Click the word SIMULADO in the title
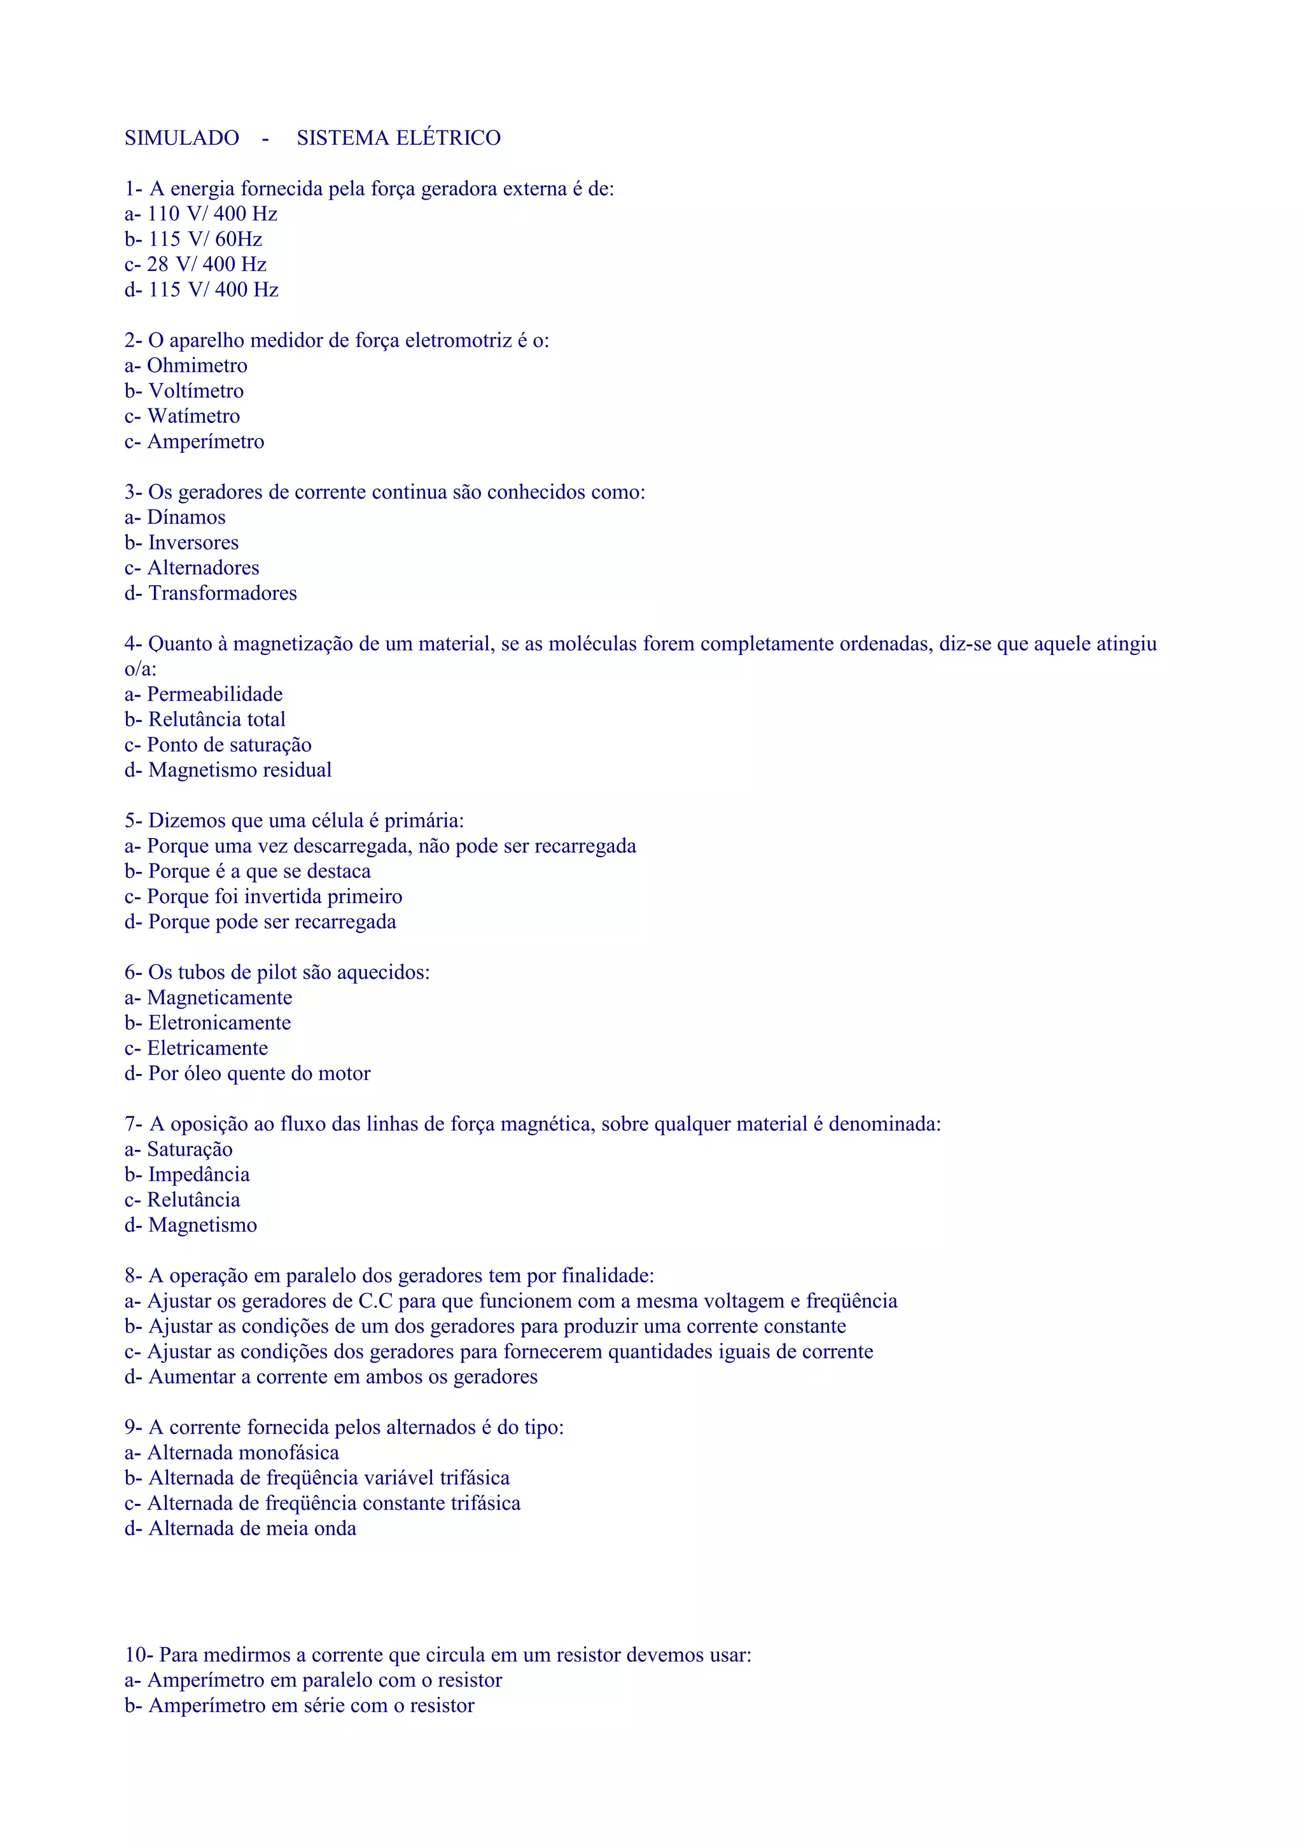pyautogui.click(x=181, y=138)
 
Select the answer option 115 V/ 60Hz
pyautogui.click(x=205, y=239)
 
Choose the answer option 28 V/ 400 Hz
pyautogui.click(x=206, y=264)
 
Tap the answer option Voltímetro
pyautogui.click(x=196, y=391)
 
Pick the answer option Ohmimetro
pyautogui.click(x=197, y=366)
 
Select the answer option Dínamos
pyautogui.click(x=186, y=518)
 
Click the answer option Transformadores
pyautogui.click(x=223, y=593)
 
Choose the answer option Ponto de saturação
pyautogui.click(x=229, y=745)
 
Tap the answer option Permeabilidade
pyautogui.click(x=214, y=694)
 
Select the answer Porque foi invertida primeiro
pyautogui.click(x=275, y=897)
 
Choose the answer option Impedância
pyautogui.click(x=199, y=1175)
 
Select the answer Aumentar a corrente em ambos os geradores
pyautogui.click(x=343, y=1377)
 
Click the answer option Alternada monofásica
pyautogui.click(x=242, y=1453)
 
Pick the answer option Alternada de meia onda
pyautogui.click(x=252, y=1529)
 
